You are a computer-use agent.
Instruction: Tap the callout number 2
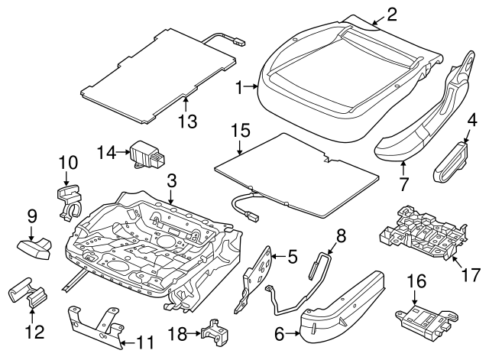coord(391,13)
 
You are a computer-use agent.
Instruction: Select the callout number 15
coord(241,131)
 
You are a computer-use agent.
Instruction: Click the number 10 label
coord(68,162)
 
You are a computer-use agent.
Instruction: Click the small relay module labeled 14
coord(146,153)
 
